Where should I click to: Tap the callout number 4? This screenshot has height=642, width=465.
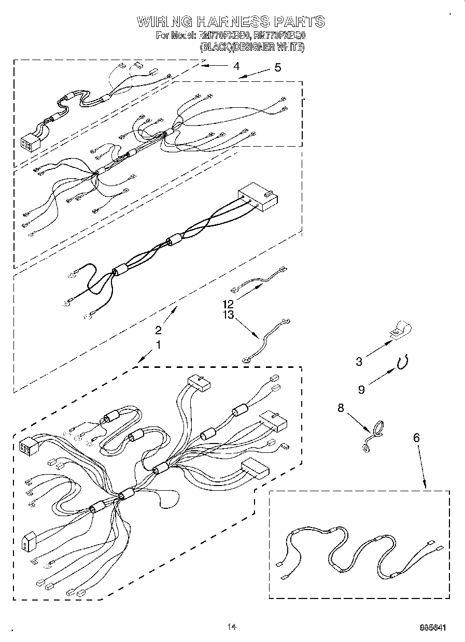click(236, 66)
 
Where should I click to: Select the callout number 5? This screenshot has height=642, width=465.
click(278, 67)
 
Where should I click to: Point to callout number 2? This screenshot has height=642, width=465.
click(159, 330)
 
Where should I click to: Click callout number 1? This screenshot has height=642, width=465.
click(159, 344)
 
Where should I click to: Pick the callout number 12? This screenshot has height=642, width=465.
click(229, 304)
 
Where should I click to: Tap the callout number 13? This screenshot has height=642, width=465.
click(229, 315)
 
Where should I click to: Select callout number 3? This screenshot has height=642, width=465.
click(359, 362)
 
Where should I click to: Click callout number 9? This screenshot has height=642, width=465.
click(361, 389)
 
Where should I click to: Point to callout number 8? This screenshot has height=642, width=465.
click(341, 408)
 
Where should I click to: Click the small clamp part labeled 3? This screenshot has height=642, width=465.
click(400, 330)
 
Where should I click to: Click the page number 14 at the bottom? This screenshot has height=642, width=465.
click(232, 627)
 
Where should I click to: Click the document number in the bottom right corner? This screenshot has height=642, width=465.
click(433, 628)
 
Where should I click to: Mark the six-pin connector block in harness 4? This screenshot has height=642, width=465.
click(27, 142)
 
